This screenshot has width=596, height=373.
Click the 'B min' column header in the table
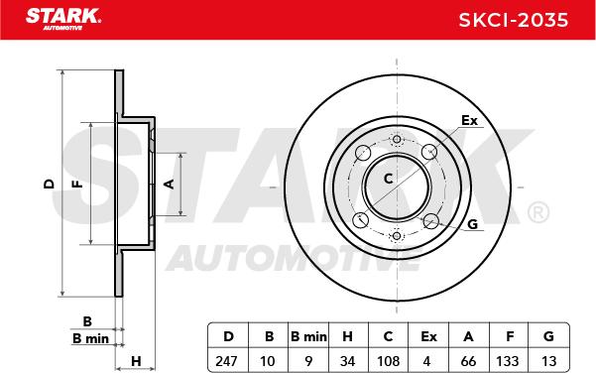coord(306,336)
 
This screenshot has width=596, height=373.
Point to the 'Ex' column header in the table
coord(428,336)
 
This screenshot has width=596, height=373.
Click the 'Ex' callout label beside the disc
coord(469,121)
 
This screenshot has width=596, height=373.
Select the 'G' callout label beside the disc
coord(472,224)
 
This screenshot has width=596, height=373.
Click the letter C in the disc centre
coord(389,178)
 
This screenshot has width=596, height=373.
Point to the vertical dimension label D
coord(47,185)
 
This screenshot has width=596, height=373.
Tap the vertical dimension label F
coord(75,185)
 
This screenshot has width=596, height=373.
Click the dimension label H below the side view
coord(136,359)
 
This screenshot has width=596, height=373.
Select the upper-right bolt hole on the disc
coord(430,152)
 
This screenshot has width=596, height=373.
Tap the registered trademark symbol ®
coord(536,212)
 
